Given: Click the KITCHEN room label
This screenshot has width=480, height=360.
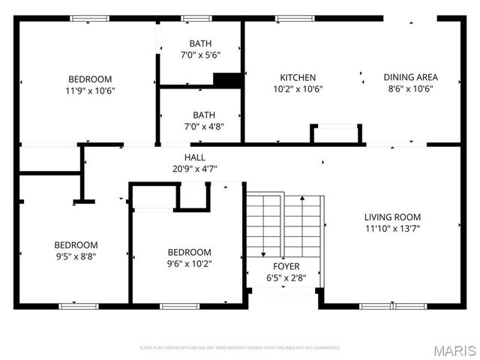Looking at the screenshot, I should (x=298, y=77).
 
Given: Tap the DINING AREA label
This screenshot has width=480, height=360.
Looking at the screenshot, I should (x=410, y=77).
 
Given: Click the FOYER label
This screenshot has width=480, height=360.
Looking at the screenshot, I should (x=286, y=266).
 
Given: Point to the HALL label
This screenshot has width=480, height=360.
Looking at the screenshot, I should (x=195, y=157).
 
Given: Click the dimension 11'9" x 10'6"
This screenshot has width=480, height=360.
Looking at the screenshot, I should (x=90, y=91).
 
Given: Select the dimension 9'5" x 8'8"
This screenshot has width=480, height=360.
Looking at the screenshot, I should (x=75, y=256).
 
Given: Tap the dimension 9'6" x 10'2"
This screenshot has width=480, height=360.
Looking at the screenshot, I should (x=189, y=263).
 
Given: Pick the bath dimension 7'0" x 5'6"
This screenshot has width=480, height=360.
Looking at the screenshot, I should (x=200, y=55).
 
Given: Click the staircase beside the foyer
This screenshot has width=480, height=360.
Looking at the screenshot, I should (x=286, y=225).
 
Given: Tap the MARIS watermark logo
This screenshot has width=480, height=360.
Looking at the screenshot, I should (x=456, y=350).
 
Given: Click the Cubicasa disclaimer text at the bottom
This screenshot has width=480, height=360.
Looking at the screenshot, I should (x=240, y=348).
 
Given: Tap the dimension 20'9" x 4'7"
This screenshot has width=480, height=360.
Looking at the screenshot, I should (x=195, y=169).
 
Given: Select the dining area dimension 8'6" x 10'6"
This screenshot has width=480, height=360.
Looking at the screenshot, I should (x=410, y=88).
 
